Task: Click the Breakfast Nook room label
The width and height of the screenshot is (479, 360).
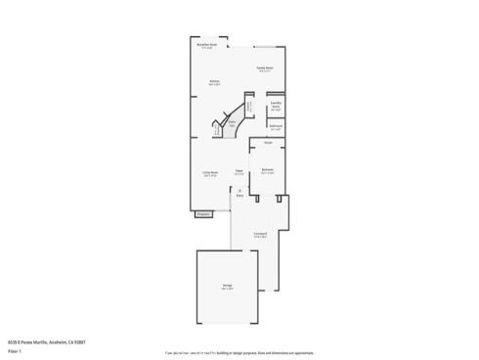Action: (x=205, y=45)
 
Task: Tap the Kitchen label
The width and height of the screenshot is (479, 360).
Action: (x=213, y=83)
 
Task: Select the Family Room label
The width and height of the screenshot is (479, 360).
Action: (x=264, y=68)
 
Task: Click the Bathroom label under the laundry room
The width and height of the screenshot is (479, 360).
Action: (x=276, y=128)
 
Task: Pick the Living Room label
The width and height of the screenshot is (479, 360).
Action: (x=209, y=174)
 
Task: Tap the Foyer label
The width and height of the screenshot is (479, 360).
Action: (x=239, y=174)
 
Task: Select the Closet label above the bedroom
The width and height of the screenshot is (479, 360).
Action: (x=267, y=145)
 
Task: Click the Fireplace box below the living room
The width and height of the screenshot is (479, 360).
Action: (x=202, y=213)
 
